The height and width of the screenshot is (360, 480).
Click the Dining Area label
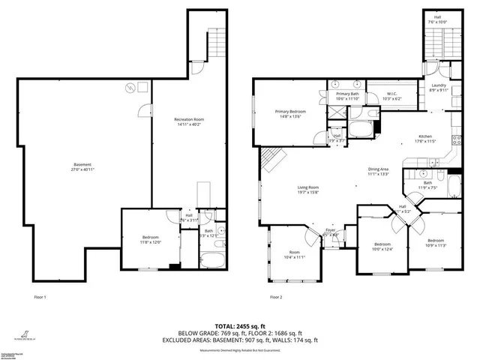pos(378,172)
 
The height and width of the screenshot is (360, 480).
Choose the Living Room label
pos(309,190)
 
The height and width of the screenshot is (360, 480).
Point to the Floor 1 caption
pos(40,298)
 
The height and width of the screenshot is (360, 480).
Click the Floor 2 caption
pos(276,298)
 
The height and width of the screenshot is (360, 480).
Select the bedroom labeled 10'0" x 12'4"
pos(382,247)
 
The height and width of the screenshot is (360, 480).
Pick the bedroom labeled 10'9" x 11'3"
pos(436,243)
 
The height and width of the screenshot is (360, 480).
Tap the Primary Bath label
pos(349,95)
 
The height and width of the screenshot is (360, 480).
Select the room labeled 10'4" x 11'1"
pos(295,255)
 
